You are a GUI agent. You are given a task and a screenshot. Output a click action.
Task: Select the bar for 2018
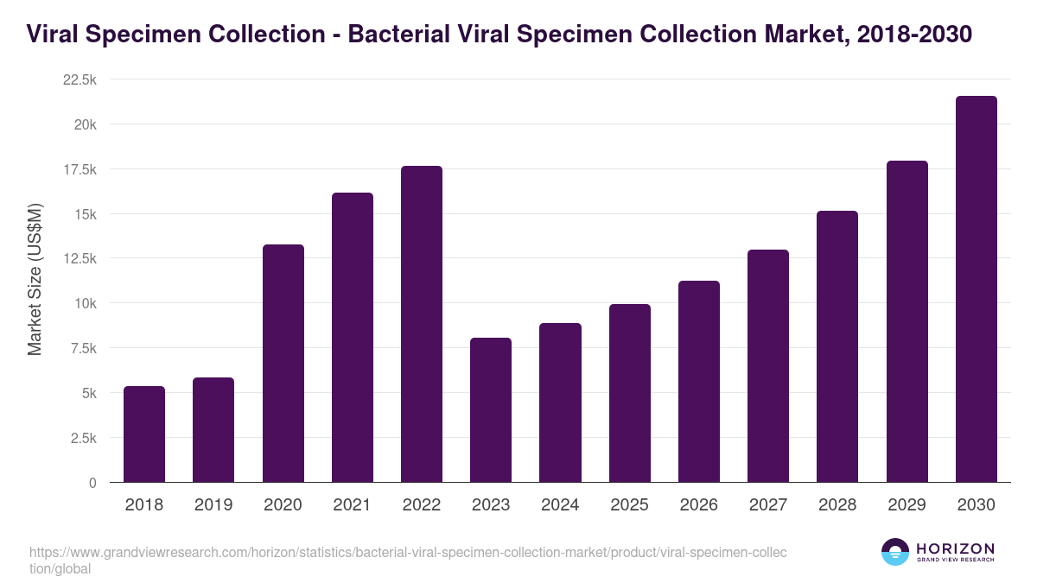[144, 434]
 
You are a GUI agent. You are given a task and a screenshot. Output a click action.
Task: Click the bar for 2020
[283, 364]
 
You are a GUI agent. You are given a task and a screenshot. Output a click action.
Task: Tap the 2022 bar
[422, 324]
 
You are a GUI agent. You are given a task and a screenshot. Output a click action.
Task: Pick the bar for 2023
[491, 410]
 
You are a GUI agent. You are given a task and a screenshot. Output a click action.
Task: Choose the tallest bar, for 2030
[977, 289]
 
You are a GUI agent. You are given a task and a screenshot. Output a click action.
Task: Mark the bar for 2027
[768, 366]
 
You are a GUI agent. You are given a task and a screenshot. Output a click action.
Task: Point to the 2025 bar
[630, 393]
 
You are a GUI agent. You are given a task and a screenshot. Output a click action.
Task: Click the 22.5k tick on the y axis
[80, 79]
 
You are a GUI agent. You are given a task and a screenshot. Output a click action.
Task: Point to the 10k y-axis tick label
[84, 303]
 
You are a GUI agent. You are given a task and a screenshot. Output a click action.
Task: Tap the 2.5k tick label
[83, 438]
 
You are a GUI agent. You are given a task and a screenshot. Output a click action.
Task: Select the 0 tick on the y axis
[92, 483]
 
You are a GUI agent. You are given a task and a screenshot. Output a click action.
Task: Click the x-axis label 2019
[213, 505]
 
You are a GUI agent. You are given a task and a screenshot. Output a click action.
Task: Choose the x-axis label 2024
[560, 505]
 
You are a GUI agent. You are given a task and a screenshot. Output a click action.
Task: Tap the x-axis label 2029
[907, 505]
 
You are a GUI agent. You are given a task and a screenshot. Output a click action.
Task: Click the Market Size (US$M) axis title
[35, 279]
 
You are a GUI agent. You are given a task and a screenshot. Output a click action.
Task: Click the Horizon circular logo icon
[895, 552]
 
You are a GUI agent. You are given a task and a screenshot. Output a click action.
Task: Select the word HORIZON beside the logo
[955, 548]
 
